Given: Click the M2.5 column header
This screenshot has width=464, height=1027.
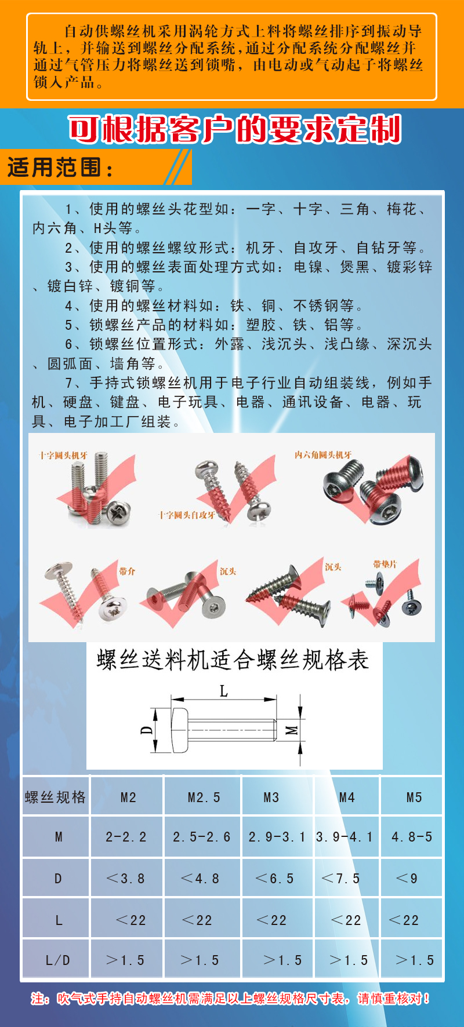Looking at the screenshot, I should coord(204,797).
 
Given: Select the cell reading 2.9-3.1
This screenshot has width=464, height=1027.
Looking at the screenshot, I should coord(277,837).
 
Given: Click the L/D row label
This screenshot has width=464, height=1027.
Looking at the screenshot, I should coord(57,960).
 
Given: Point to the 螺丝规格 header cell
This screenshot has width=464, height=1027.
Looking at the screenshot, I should coord(55,797).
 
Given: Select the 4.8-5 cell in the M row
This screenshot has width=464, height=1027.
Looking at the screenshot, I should coord(412,837).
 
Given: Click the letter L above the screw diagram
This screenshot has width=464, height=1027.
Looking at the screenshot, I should coord(224,691).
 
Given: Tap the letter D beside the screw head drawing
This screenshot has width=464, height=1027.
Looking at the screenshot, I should coord(147,730).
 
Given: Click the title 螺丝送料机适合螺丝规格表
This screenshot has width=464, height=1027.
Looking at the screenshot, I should coord(233,660).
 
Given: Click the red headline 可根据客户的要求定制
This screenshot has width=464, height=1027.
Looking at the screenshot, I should coord(235,129).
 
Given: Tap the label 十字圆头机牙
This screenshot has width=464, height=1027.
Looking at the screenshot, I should coord(63,456).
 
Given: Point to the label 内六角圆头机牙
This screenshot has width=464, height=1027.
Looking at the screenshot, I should coord(322,455).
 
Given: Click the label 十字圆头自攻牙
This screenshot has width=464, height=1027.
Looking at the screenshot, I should coord(187,515).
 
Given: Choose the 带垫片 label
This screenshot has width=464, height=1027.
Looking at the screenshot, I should coord(385,564).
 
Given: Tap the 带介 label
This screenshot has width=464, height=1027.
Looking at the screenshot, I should coord(127,571).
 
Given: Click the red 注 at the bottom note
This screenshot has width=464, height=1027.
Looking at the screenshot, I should coord(38,999).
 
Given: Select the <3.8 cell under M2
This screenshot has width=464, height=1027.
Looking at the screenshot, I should coord(125,879).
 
